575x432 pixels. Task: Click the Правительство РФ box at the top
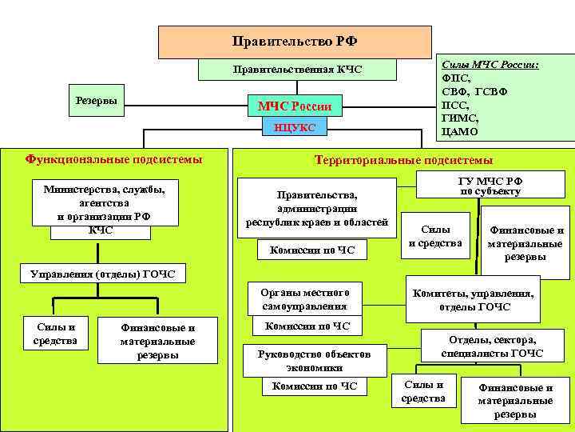[295, 42]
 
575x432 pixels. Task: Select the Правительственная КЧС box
[297, 70]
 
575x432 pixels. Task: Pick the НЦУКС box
[295, 128]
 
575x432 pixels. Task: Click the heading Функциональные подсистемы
[113, 159]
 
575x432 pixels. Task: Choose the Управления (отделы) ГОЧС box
[96, 274]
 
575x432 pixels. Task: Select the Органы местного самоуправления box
[304, 299]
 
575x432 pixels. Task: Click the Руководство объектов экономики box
[303, 360]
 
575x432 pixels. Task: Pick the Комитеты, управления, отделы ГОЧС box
[474, 300]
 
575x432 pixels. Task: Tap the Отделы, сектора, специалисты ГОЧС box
[492, 346]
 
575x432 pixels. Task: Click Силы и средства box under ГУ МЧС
[435, 236]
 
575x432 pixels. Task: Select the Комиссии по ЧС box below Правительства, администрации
[307, 250]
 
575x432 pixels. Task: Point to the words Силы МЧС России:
[490, 64]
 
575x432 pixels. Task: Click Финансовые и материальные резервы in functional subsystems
[157, 341]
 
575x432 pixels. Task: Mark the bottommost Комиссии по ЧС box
[315, 386]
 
